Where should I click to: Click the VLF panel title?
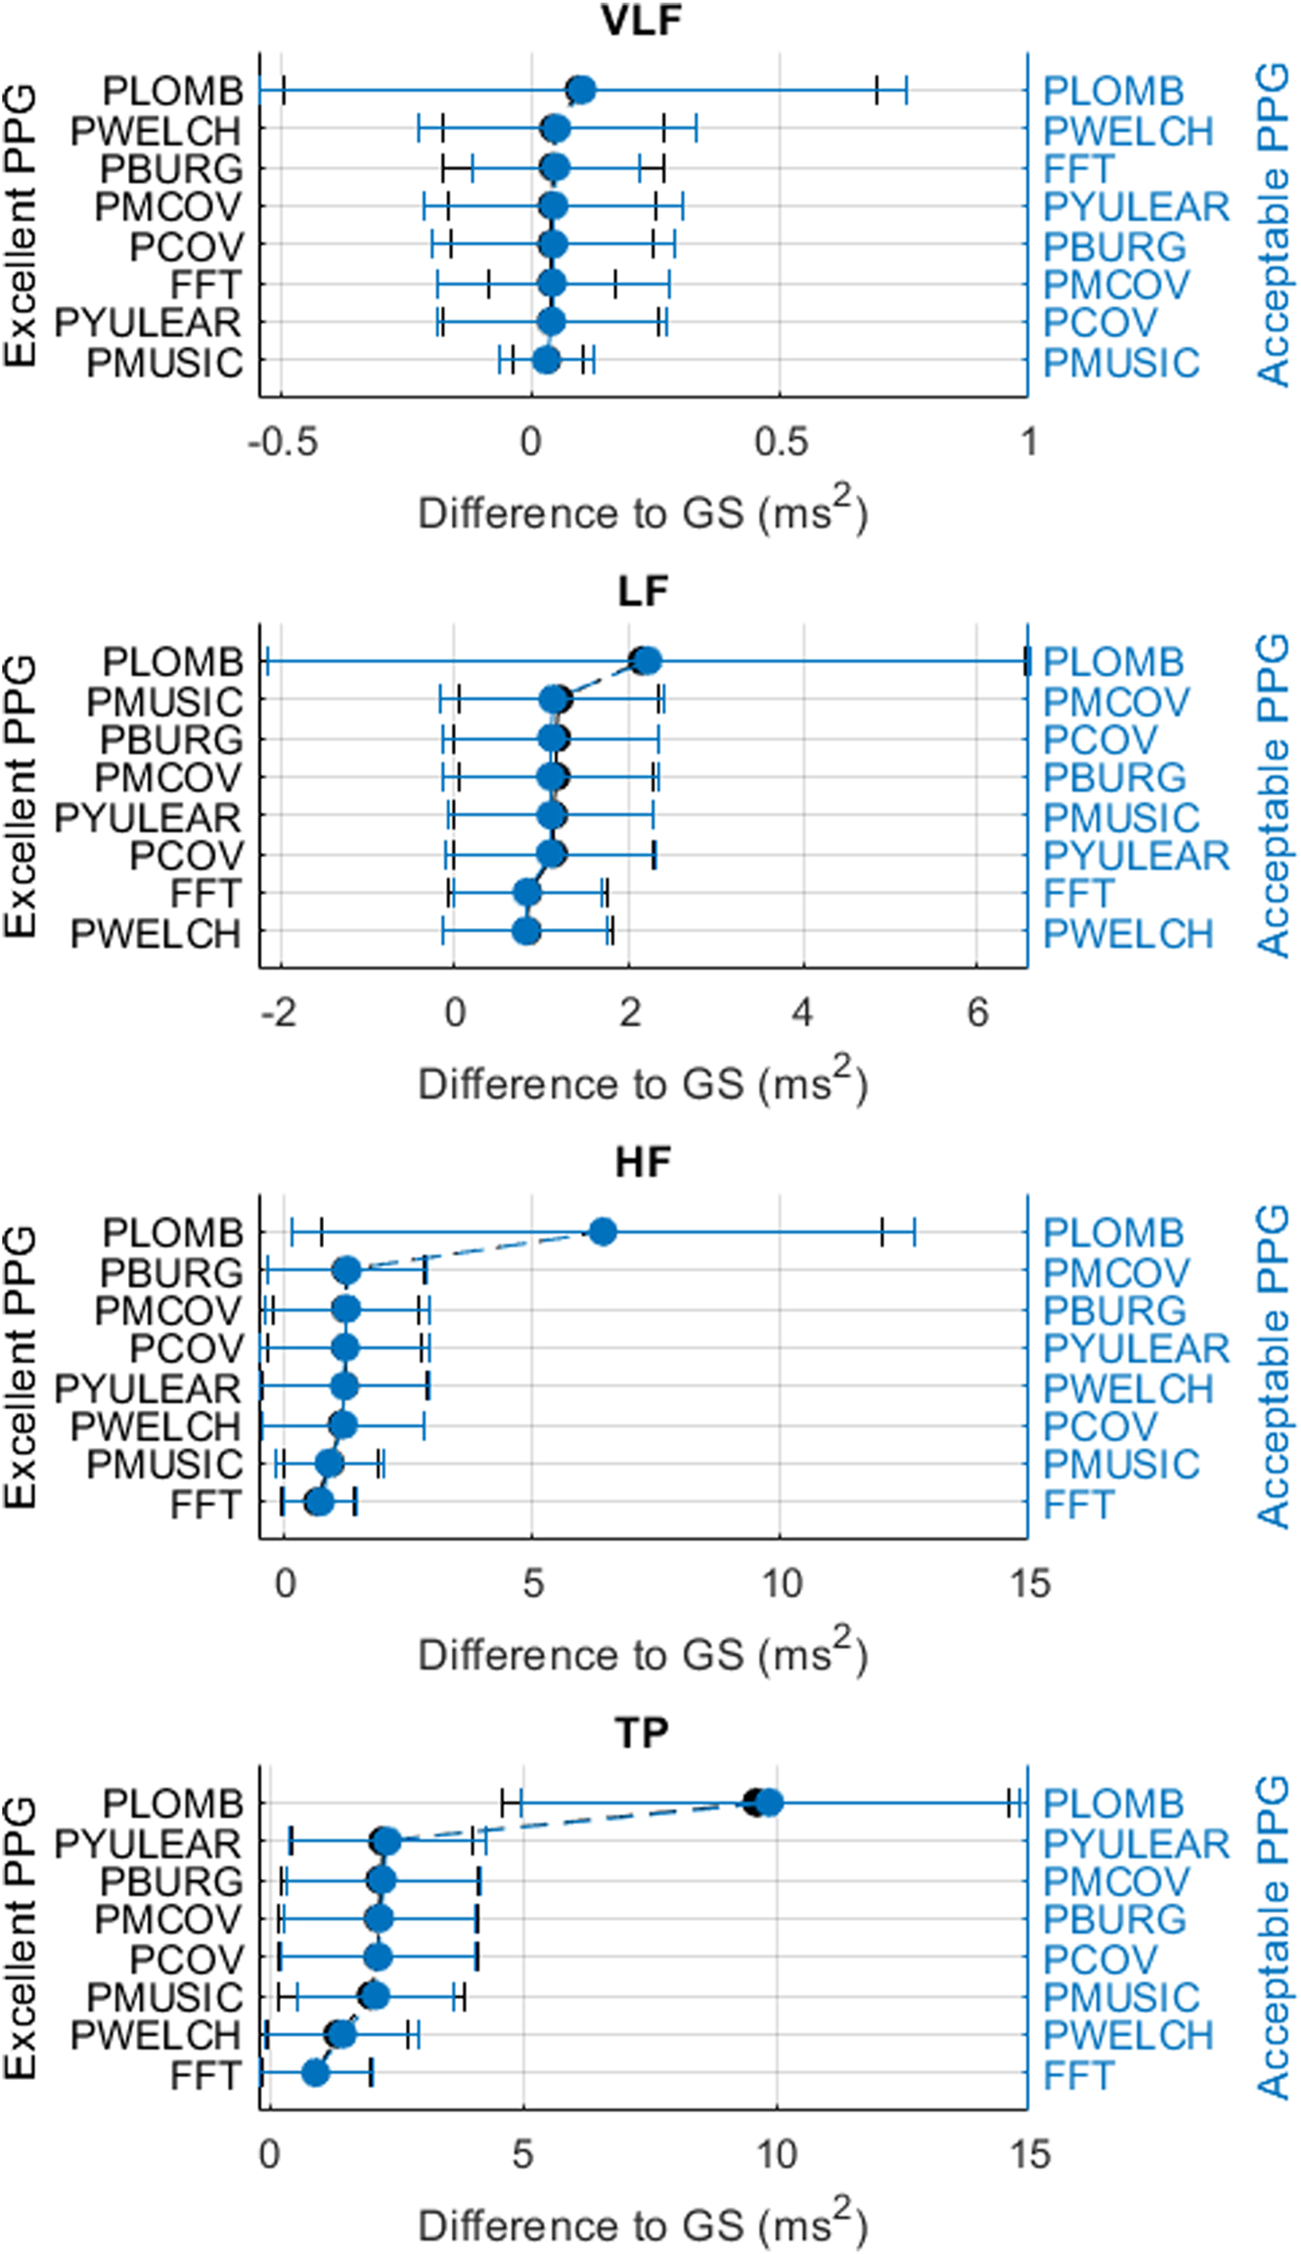click(x=642, y=20)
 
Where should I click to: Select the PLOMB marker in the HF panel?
click(x=603, y=1232)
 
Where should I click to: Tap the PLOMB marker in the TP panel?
click(x=769, y=1802)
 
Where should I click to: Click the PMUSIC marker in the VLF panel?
click(x=546, y=360)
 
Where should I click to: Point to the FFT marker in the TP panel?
click(x=315, y=2072)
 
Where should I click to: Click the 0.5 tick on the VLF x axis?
click(x=781, y=442)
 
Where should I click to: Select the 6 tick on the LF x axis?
click(x=978, y=1013)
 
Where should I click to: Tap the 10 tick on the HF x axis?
click(x=781, y=1583)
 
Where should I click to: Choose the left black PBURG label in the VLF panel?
click(x=171, y=168)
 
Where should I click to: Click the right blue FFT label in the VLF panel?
click(x=1078, y=168)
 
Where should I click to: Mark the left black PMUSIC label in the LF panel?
click(x=164, y=701)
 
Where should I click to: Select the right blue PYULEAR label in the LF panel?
click(x=1136, y=856)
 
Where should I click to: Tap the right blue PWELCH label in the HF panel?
click(x=1128, y=1388)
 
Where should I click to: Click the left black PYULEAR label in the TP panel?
click(x=148, y=1842)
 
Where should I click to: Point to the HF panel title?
click(x=642, y=1162)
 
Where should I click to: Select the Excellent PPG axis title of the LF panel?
click(x=20, y=797)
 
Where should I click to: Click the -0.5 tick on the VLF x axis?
click(x=282, y=442)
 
